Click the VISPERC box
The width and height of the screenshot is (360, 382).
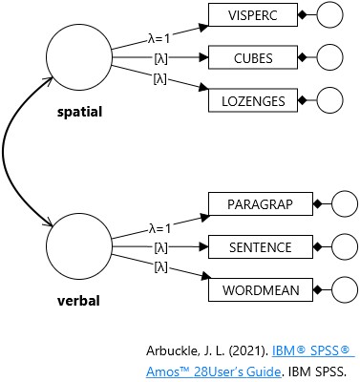pos(252,16)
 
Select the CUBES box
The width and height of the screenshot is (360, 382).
pos(252,58)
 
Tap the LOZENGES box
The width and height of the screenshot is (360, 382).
pos(252,99)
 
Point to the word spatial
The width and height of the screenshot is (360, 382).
pos(78,113)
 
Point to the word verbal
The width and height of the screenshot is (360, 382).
pos(77,301)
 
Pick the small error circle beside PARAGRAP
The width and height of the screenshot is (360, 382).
pos(343,204)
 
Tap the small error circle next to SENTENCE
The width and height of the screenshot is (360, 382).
pos(343,246)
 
